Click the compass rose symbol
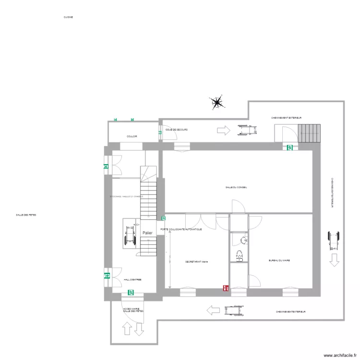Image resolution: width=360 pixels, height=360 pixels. (217, 102)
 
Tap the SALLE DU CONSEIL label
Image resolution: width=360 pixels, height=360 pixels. (236, 187)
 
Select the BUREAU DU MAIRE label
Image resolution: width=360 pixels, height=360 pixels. (279, 261)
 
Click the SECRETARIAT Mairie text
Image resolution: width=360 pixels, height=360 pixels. (196, 262)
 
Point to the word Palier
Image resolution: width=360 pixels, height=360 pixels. (147, 233)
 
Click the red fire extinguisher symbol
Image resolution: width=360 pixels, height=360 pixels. (225, 288)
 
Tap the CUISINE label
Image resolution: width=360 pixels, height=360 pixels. (68, 17)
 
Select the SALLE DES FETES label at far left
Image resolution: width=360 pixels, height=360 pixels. (26, 215)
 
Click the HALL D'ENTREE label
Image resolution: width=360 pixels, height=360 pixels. (132, 279)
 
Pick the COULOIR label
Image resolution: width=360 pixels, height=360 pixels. (132, 136)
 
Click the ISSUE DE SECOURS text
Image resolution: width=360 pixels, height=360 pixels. (176, 130)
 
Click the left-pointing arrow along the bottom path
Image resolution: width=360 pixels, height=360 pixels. (211, 311)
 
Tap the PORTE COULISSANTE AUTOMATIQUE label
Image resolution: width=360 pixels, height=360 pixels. (181, 229)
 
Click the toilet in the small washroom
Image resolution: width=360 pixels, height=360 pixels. (239, 256)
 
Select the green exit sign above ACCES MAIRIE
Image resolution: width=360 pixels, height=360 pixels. (131, 292)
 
